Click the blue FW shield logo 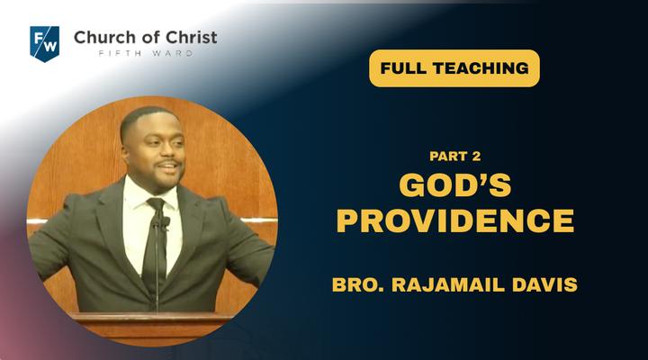tap(45, 44)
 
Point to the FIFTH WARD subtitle tap(146, 53)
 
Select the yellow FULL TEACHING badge tap(454, 68)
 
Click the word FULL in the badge tap(404, 68)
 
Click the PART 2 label tap(455, 157)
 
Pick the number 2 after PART tap(476, 157)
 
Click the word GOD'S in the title tap(455, 184)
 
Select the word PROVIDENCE tap(455, 220)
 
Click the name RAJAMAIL tap(448, 284)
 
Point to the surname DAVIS tap(544, 284)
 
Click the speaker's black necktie tap(155, 244)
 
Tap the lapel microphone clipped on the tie tap(165, 223)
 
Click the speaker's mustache tap(167, 162)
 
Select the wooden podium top tap(151, 318)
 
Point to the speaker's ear tap(125, 151)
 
